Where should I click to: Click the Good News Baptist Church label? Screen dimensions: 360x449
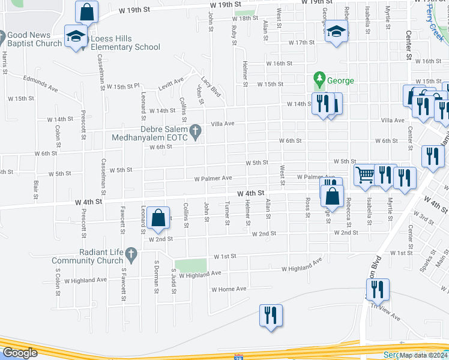pos(34,39)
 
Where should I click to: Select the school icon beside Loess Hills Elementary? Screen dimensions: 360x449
pos(76,37)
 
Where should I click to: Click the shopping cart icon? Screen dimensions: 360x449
pos(364,175)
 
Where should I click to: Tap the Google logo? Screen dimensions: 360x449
pos(20,353)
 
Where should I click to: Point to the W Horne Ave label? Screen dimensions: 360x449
pos(229,289)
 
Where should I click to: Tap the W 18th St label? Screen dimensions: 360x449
pos(244,19)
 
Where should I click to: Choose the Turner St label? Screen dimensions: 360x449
pos(227,214)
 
